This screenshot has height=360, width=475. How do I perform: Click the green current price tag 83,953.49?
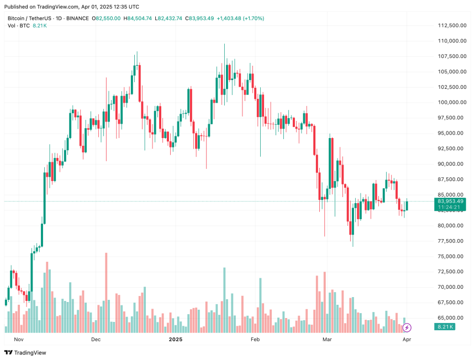(450, 201)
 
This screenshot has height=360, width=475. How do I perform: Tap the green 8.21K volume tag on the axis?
(445, 327)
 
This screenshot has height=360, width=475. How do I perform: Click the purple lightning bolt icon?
(407, 327)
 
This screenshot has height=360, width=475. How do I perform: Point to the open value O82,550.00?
(106, 18)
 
